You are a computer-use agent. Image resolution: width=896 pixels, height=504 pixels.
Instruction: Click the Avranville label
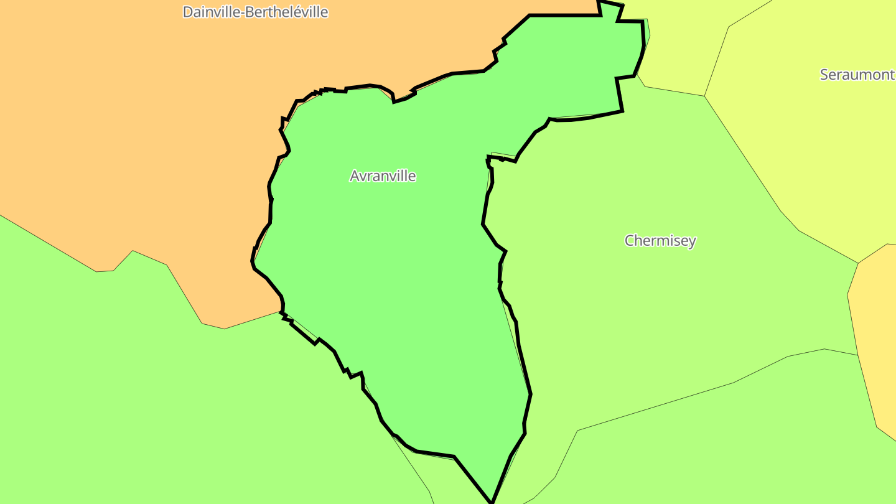[x=383, y=176]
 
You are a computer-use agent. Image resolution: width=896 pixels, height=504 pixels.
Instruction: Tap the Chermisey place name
[x=660, y=241]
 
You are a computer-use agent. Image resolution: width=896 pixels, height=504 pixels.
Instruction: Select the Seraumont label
[x=857, y=75]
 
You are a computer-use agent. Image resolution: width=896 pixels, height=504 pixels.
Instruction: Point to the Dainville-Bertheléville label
[x=255, y=12]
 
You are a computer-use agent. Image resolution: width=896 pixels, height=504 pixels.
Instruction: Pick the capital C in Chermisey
[x=630, y=241]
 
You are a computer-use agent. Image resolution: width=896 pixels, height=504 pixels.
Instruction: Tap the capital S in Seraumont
[x=824, y=75]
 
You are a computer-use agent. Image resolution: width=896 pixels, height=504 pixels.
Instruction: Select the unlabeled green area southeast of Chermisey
[x=716, y=448]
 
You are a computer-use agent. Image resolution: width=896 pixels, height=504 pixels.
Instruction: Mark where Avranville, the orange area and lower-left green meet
[x=282, y=312]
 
